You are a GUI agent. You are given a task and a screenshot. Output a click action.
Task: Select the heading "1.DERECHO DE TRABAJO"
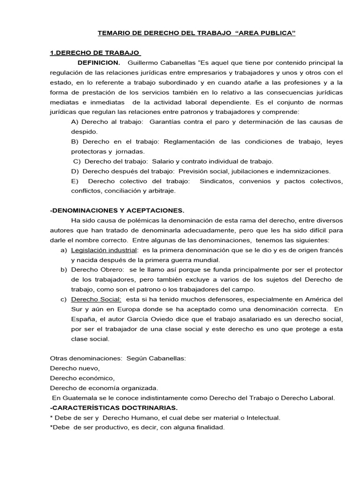(96, 53)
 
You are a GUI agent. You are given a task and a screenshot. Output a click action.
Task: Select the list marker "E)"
(75, 181)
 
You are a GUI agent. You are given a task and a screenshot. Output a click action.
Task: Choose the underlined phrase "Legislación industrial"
(104, 250)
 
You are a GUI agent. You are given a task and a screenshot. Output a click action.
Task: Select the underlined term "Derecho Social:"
(96, 299)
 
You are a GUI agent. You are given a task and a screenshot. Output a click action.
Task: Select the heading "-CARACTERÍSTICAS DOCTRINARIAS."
(113, 407)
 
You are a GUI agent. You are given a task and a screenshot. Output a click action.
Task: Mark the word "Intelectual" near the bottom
(262, 417)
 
